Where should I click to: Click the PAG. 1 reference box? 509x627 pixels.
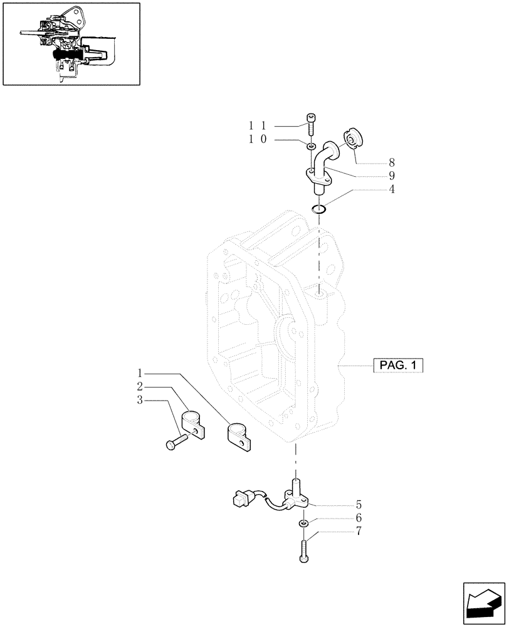[398, 365]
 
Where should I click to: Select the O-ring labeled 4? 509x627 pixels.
[319, 209]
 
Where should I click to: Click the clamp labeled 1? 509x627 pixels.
[238, 435]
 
